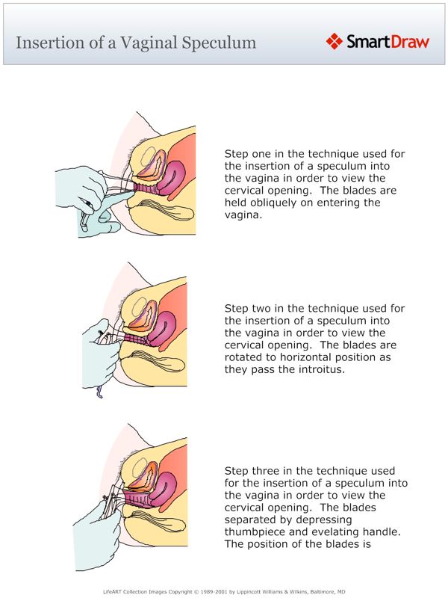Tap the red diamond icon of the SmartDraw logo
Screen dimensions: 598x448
[335, 40]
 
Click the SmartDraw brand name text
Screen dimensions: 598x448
[388, 41]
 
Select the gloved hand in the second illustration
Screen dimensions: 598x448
[101, 359]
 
